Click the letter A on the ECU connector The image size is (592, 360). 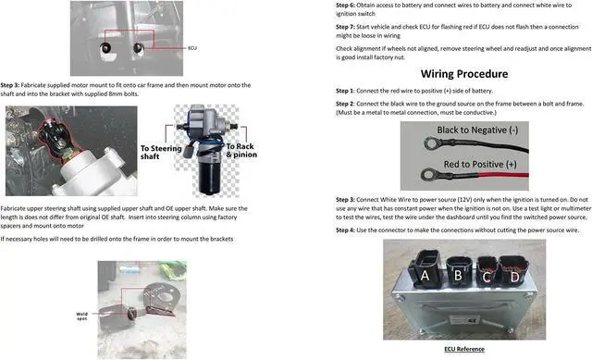coord(424,275)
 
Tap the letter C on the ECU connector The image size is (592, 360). coord(487,277)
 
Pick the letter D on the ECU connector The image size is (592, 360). coord(513,277)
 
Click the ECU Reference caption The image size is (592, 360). coord(463,349)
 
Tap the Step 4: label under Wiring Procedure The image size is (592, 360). coord(348,229)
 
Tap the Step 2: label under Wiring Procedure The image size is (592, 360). coord(349,105)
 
